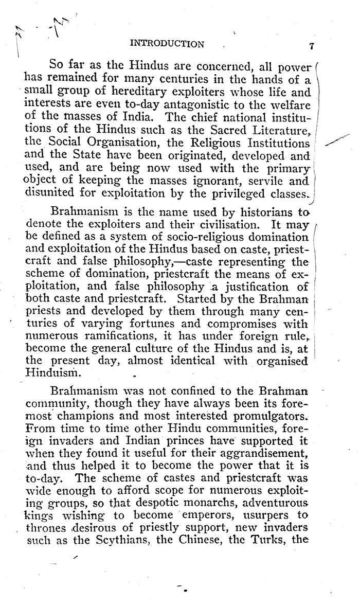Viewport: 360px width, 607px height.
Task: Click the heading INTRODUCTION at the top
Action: (x=168, y=44)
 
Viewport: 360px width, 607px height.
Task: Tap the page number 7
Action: (x=312, y=46)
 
